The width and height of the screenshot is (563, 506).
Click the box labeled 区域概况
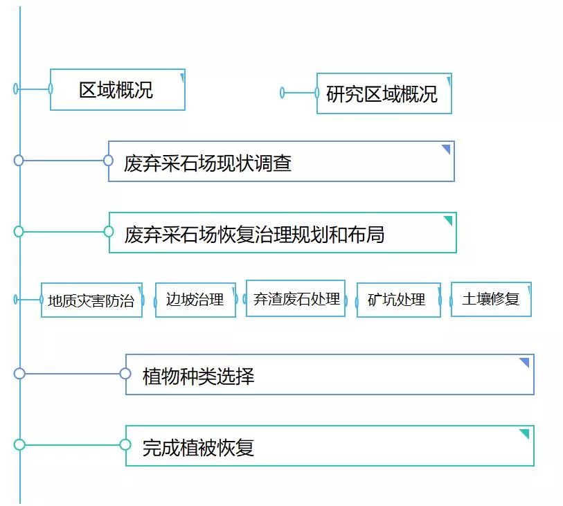point(116,90)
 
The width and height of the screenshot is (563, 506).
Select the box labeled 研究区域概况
point(383,94)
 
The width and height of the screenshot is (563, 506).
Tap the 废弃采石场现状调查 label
point(208,163)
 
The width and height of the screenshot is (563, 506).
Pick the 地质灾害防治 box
point(91,300)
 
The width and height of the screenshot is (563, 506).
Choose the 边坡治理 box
point(195,300)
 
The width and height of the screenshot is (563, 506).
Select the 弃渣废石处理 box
point(296,299)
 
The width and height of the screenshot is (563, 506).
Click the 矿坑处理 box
point(398,300)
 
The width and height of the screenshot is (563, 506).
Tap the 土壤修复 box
point(491,300)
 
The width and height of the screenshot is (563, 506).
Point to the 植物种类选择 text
point(199,377)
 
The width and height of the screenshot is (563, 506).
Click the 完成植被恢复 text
point(199,448)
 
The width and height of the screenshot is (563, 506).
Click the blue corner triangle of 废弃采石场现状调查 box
point(447,150)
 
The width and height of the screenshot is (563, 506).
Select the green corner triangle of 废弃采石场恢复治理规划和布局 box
point(448,220)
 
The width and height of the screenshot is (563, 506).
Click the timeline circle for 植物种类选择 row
point(19,374)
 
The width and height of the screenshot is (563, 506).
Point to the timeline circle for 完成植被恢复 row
point(19,444)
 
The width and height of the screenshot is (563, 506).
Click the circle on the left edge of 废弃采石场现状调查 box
point(108,161)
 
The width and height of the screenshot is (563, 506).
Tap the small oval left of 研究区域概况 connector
point(282,93)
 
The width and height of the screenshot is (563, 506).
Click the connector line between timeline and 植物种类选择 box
point(72,374)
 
